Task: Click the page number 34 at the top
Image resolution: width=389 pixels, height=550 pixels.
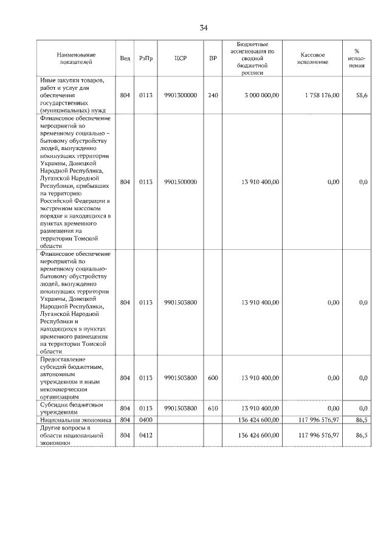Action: point(204,28)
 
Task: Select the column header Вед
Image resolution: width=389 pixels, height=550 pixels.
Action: point(125,58)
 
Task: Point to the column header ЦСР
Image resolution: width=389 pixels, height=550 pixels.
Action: point(180,58)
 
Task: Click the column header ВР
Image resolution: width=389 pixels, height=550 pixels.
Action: point(213,58)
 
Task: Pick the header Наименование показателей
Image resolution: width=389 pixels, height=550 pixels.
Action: point(76,58)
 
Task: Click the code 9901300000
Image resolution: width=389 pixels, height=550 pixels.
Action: point(181,95)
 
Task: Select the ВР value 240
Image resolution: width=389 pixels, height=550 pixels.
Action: point(213,95)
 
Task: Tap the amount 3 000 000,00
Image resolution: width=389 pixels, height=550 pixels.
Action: point(261,95)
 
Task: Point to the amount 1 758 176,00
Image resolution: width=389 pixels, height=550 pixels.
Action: point(320,95)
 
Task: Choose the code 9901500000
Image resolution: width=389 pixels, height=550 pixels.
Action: point(181,182)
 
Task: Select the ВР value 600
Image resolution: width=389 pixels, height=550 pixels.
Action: point(213,377)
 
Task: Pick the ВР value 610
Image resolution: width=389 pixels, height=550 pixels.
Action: point(213,408)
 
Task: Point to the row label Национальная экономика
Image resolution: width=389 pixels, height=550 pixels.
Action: point(75,419)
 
